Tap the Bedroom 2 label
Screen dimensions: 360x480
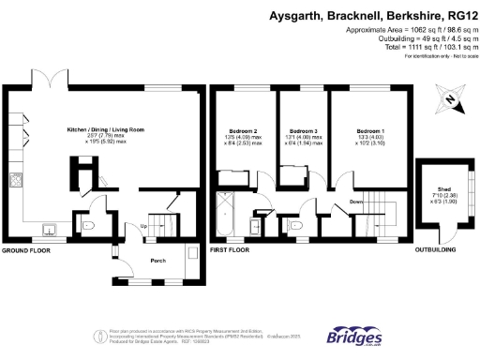click(241, 131)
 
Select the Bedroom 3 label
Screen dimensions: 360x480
click(302, 131)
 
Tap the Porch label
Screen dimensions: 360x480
click(158, 262)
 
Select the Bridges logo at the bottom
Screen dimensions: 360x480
click(353, 337)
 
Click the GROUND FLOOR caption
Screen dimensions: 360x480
click(26, 251)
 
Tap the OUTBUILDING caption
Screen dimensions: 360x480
click(436, 251)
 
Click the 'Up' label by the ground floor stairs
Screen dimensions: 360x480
click(143, 226)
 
